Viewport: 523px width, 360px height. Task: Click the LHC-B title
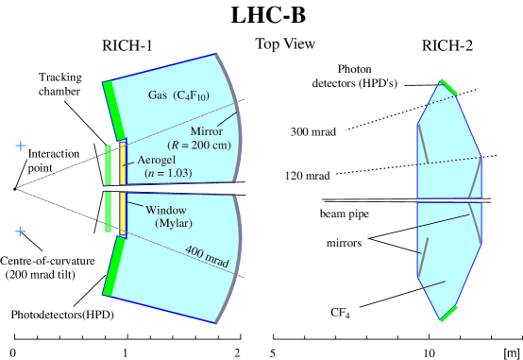point(268,15)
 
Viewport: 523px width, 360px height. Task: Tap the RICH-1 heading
point(127,45)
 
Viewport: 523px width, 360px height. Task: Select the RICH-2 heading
point(447,45)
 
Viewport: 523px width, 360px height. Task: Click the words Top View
point(285,43)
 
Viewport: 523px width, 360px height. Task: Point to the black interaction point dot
point(15,189)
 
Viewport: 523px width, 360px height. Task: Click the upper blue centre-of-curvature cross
point(21,146)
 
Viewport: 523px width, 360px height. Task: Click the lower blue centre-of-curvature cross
point(21,231)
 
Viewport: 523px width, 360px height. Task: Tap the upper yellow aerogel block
point(123,163)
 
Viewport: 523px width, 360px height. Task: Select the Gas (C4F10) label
point(178,95)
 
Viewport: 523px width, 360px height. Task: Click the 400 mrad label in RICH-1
point(207,256)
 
